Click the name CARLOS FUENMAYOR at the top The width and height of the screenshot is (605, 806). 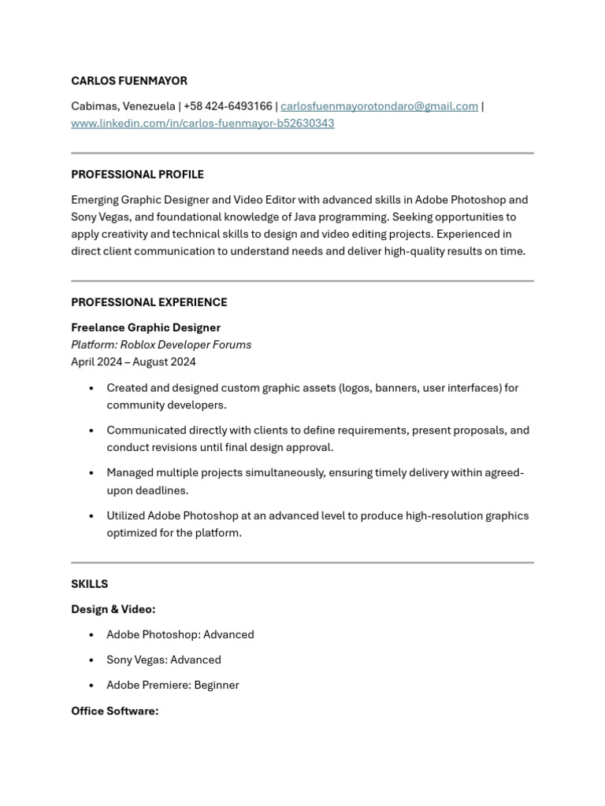(129, 81)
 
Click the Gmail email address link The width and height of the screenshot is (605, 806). (379, 106)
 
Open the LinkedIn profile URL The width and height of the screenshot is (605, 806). (202, 124)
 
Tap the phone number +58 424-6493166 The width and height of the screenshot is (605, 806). (228, 106)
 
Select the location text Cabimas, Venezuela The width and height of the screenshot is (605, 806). (123, 106)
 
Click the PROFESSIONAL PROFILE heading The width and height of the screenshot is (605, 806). (137, 175)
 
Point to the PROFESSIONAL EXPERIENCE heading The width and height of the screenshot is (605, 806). (149, 302)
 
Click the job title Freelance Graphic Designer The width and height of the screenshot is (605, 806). (146, 327)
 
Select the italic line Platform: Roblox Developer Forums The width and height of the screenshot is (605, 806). (161, 345)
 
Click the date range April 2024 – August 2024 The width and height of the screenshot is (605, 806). (133, 362)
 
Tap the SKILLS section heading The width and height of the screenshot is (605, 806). (89, 584)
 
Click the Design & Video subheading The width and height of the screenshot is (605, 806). (113, 609)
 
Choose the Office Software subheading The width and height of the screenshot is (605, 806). (114, 711)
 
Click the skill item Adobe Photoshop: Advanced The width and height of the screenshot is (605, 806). (180, 634)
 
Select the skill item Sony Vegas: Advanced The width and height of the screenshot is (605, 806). (163, 660)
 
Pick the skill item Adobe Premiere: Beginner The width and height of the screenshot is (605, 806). (173, 685)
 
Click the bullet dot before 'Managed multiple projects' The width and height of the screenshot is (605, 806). (92, 473)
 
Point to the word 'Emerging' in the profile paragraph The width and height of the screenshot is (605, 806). (96, 200)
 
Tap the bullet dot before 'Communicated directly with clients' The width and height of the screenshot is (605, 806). (92, 431)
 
